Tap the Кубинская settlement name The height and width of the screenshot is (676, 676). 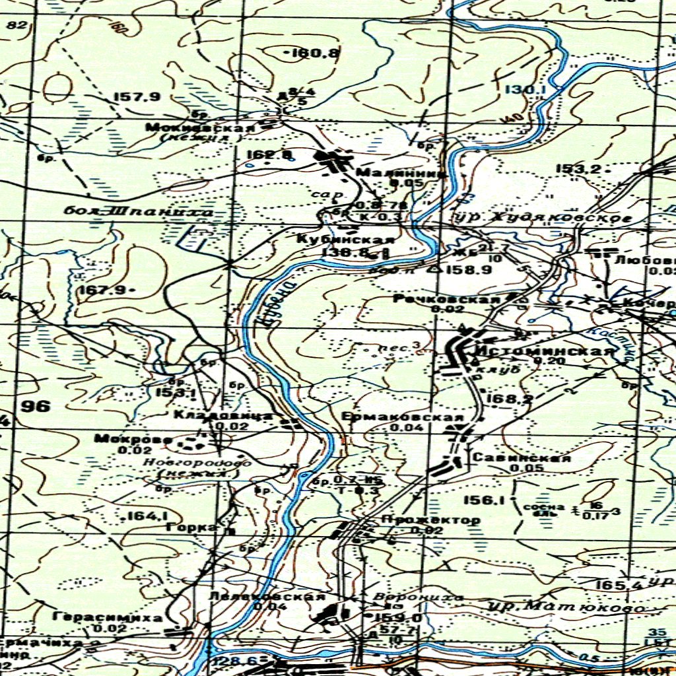346,240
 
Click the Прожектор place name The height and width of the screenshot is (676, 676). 431,520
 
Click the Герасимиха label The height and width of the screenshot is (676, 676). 109,618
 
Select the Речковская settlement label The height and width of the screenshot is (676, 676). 446,300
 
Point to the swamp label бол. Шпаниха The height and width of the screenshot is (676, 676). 139,212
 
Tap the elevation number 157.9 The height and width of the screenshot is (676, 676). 137,97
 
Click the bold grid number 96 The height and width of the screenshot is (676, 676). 35,406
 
